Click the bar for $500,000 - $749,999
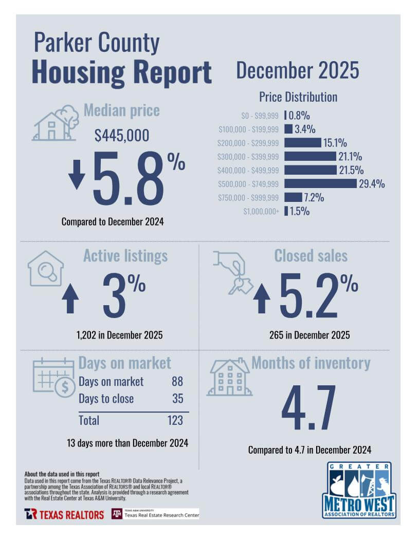pos(320,183)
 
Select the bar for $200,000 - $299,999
pos(303,142)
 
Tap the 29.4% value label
pos(372,183)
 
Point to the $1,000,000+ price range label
pos(261,211)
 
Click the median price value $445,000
pos(122,135)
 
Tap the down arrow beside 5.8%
pos(77,174)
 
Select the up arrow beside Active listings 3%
pos(70,299)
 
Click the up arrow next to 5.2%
pos(262,299)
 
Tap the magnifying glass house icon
pos(46,269)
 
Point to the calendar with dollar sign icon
pos(54,378)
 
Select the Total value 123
pos(175,420)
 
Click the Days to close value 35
pos(178,399)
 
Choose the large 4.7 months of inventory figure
pos(308,407)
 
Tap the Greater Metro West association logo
pos(359,490)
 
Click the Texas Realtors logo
pos(64,514)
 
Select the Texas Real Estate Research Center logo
pos(155,514)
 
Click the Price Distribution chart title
pos(298,97)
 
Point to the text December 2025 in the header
pos(298,70)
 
